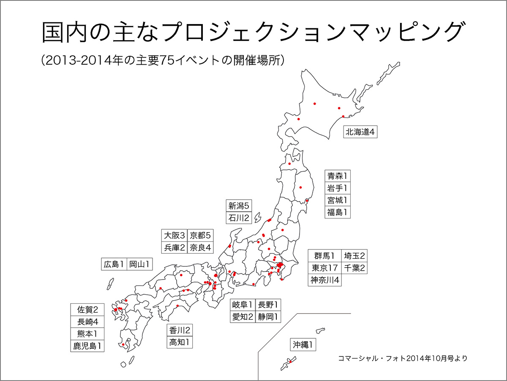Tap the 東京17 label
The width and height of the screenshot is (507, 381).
click(324, 268)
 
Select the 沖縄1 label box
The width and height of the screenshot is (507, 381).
click(303, 345)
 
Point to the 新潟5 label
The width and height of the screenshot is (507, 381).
click(239, 206)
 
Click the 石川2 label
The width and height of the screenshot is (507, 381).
click(239, 218)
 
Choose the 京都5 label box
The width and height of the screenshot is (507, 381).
click(200, 236)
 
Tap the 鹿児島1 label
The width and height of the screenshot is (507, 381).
click(87, 346)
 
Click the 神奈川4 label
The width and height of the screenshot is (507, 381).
click(324, 280)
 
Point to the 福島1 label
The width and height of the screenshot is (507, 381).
click(339, 212)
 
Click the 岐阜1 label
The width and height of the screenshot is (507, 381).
click(243, 304)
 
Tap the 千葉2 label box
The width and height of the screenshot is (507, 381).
click(354, 268)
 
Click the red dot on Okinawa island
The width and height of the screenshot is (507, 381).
click(290, 362)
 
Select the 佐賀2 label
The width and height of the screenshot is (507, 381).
click(87, 310)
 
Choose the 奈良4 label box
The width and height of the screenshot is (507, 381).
click(200, 247)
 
